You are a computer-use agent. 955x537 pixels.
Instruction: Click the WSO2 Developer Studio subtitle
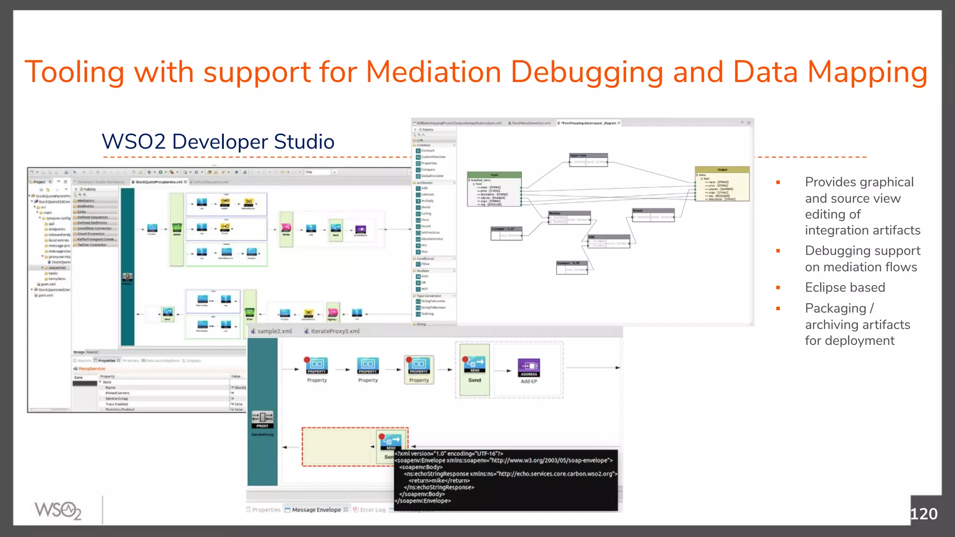218,142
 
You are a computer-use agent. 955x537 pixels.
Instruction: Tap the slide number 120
923,514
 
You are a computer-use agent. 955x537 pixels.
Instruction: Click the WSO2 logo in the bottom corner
58,510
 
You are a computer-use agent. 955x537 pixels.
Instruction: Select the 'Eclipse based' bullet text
844,288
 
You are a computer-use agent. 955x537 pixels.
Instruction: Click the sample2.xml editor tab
274,331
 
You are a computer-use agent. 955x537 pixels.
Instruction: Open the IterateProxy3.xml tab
335,331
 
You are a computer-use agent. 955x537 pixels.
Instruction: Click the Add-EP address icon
529,367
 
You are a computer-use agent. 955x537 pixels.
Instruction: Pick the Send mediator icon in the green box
474,364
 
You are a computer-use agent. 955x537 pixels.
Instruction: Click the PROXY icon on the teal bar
263,419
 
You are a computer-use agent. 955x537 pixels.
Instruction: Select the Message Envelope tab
316,510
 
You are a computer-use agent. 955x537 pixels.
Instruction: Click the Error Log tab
372,510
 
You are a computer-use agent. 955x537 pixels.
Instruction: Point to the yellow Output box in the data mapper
722,184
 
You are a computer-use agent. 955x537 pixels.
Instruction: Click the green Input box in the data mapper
494,189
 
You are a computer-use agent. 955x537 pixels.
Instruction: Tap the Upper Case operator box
588,159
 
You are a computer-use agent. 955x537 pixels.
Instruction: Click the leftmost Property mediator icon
317,365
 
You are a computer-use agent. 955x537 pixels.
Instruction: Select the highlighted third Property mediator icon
419,365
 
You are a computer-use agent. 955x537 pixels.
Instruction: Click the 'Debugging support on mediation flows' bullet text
862,259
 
